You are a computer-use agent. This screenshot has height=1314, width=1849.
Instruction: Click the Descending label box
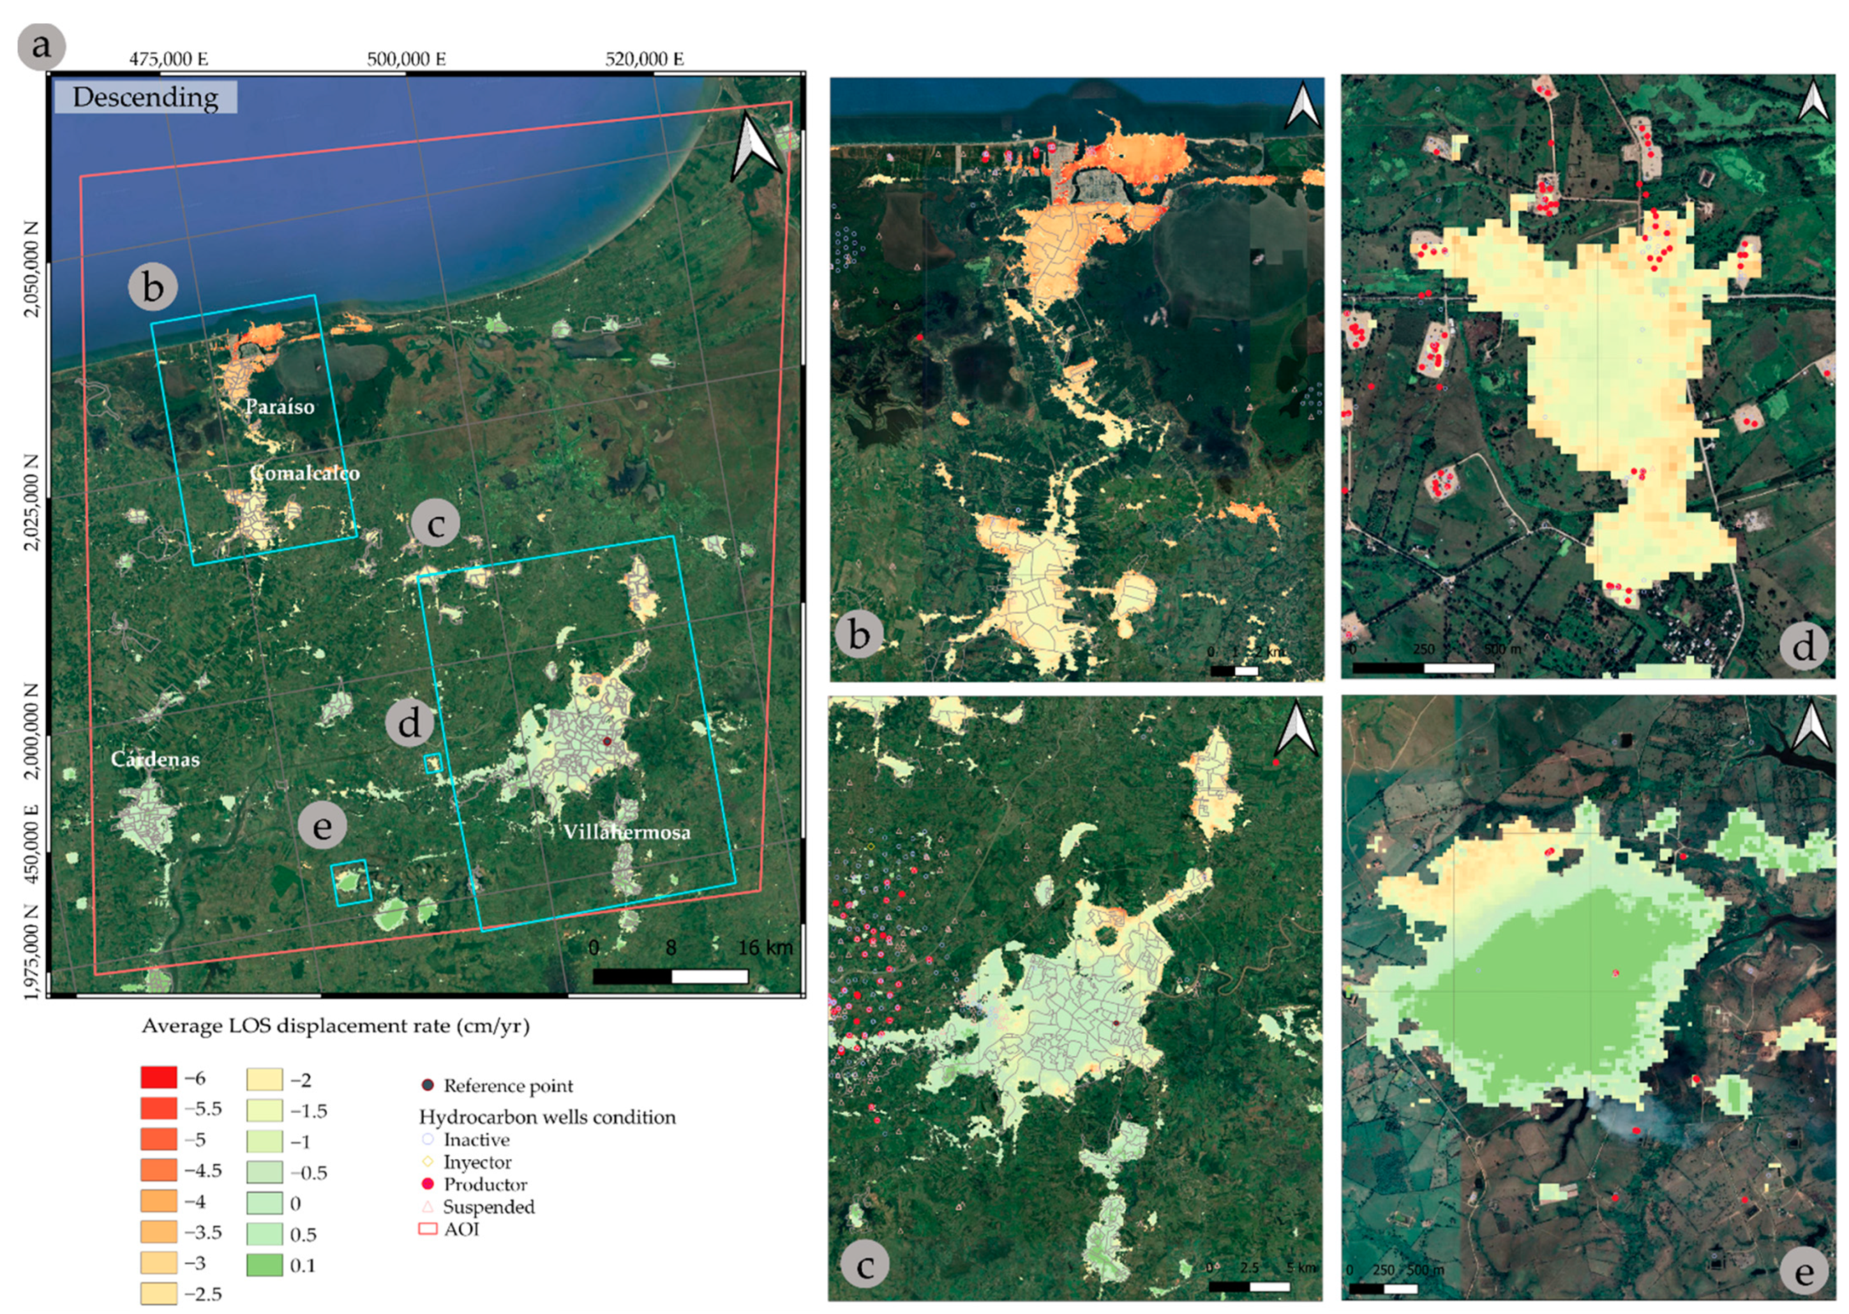(x=146, y=97)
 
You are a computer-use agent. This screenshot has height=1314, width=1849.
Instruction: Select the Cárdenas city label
(x=155, y=759)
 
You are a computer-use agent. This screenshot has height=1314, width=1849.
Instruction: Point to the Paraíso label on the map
(x=280, y=406)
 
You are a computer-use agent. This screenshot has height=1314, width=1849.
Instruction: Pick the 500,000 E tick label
(x=406, y=59)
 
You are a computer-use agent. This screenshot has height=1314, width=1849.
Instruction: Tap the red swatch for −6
(x=158, y=1078)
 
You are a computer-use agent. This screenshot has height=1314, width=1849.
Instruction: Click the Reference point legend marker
(x=428, y=1085)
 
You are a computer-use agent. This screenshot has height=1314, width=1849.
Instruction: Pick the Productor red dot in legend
(x=428, y=1184)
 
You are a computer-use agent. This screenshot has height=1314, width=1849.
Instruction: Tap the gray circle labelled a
(x=40, y=45)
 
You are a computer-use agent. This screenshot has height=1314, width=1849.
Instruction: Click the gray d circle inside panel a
(x=410, y=722)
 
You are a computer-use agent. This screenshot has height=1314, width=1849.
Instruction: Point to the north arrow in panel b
(x=1302, y=105)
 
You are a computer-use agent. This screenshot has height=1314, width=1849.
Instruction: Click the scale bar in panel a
(x=670, y=976)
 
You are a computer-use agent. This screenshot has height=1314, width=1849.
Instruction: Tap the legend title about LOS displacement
(x=336, y=1026)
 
